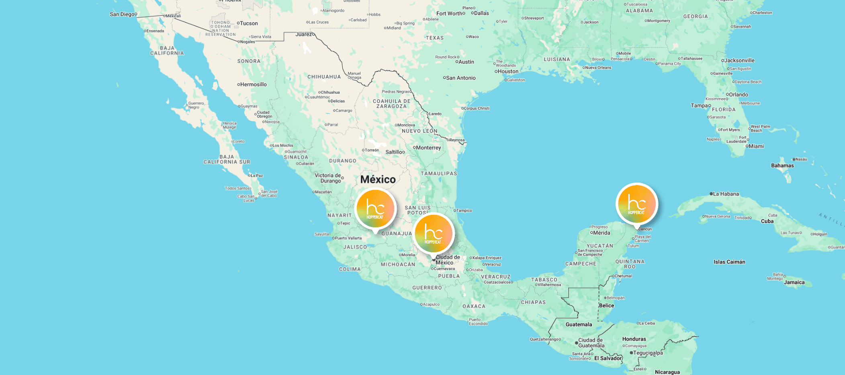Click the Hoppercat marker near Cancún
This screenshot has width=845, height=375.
click(x=636, y=204)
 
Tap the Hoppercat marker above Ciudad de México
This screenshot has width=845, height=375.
click(x=433, y=233)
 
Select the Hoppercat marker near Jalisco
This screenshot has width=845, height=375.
click(x=375, y=208)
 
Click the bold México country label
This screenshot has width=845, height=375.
click(x=378, y=179)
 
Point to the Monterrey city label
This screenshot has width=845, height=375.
click(x=428, y=148)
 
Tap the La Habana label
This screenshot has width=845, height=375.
click(x=726, y=194)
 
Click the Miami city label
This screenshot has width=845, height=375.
click(x=756, y=146)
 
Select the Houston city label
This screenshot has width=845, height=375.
click(x=508, y=72)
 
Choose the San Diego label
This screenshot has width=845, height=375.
click(x=123, y=14)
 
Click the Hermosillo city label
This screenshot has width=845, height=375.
click(x=253, y=84)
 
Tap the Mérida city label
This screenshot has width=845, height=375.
click(x=602, y=233)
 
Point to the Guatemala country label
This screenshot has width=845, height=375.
click(x=579, y=325)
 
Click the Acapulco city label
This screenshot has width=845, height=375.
click(x=431, y=305)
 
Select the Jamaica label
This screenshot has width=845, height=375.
click(x=794, y=282)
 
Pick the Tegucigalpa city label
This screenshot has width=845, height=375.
click(x=648, y=353)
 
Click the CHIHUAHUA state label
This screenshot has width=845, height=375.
click(x=324, y=77)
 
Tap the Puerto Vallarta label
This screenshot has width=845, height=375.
click(x=348, y=238)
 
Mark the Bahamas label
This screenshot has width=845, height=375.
click(x=782, y=165)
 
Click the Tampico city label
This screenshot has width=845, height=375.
click(x=464, y=211)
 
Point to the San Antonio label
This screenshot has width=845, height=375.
click(x=460, y=78)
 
